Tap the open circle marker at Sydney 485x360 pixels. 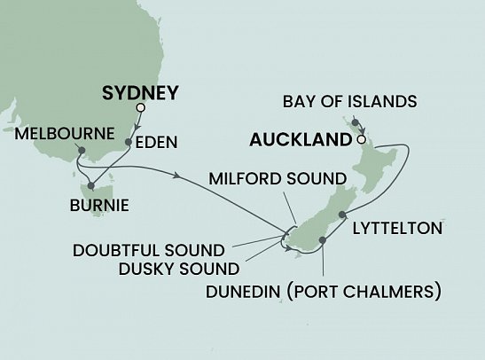pyautogui.click(x=139, y=108)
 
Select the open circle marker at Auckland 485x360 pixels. pyautogui.click(x=362, y=139)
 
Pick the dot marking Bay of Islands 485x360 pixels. pyautogui.click(x=355, y=121)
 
